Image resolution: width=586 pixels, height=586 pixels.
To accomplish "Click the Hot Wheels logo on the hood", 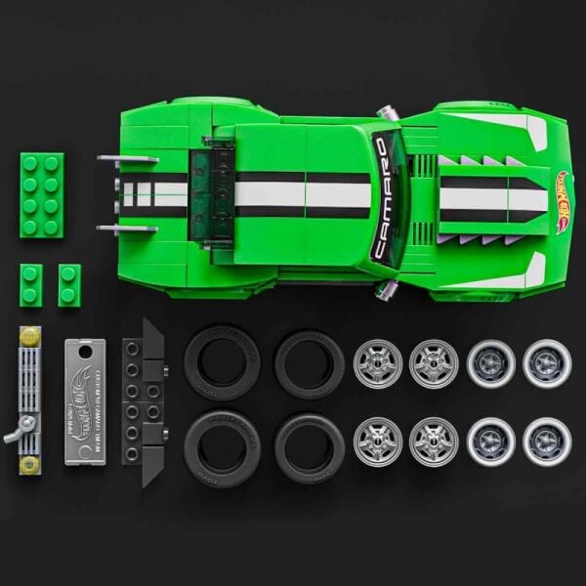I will pos(562,201).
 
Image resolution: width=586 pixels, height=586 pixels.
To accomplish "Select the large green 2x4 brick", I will pos(41,195).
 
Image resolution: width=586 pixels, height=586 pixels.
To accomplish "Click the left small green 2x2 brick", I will pos(31,284).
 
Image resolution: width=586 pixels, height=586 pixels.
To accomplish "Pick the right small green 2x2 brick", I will pos(69,284).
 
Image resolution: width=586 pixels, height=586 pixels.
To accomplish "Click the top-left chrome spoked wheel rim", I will pos(378,363).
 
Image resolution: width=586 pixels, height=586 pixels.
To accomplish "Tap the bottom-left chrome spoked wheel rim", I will pos(378,441).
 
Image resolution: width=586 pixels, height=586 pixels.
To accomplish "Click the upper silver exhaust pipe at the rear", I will pos(127,157).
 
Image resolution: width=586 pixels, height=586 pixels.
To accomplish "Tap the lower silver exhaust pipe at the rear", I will pos(127,230).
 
